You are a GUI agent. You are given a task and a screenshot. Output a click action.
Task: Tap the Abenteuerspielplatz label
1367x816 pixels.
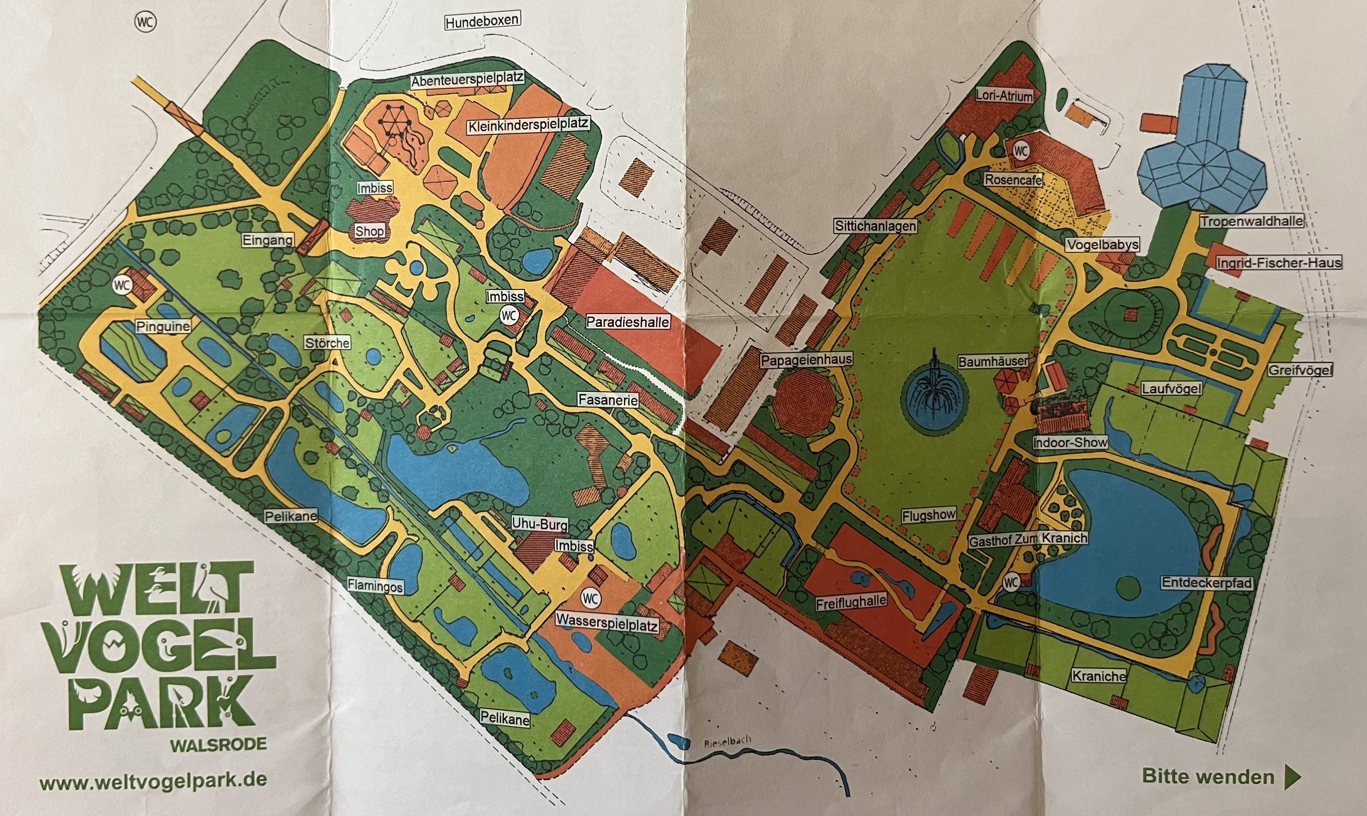467,80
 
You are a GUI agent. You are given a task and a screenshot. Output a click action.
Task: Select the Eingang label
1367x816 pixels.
268,240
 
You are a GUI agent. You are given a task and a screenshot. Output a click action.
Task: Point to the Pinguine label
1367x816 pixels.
163,326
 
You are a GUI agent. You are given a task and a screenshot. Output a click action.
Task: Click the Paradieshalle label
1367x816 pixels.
628,322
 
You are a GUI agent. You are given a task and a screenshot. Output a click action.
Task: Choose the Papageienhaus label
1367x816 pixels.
806,360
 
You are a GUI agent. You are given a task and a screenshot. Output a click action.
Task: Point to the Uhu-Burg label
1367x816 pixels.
539,524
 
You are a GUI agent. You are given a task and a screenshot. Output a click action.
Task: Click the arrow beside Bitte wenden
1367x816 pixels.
1293,776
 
